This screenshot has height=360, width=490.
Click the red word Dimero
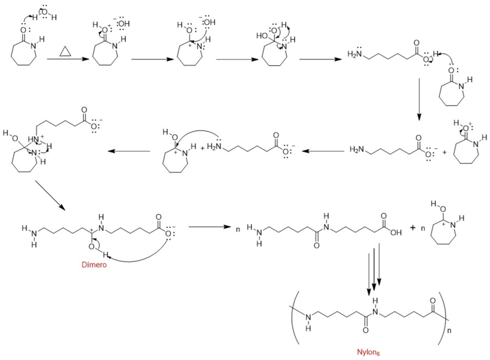[95, 265]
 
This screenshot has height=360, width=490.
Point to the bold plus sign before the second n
[413, 227]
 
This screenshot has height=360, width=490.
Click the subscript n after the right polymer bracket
[450, 331]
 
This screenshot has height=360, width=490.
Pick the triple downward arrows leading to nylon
[374, 268]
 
